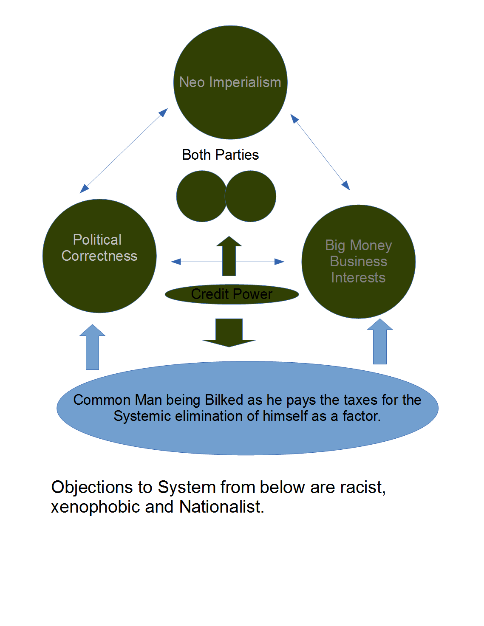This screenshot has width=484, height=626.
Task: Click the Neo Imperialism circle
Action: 230,82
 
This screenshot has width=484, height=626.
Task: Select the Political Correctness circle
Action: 99,256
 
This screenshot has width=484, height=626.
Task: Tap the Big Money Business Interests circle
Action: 358,262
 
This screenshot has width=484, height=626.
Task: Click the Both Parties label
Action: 220,155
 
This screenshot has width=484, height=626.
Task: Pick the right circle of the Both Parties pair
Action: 251,196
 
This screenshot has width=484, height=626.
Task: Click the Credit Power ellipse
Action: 232,294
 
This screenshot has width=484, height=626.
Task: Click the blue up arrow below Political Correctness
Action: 92,348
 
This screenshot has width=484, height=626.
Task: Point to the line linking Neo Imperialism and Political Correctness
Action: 124,151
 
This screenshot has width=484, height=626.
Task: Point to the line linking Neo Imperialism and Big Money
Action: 320,152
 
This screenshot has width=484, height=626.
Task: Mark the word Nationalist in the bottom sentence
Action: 221,507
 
